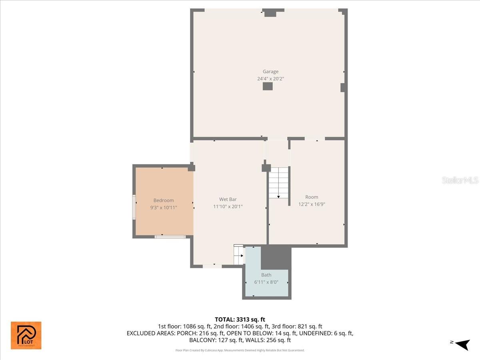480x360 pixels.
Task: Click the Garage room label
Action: pos(270,72)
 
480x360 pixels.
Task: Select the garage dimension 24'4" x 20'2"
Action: pos(270,79)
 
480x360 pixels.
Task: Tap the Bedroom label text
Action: pos(164,200)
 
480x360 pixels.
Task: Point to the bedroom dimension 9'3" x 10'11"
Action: pos(164,208)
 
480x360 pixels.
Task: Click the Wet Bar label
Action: pos(228,199)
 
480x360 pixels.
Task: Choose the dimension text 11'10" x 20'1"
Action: pos(228,206)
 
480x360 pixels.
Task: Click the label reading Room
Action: pos(312,197)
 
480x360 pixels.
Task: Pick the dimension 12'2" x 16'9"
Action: pos(312,204)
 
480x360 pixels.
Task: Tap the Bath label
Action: pos(266,275)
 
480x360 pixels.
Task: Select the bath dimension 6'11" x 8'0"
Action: pos(266,282)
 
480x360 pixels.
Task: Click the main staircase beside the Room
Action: pos(279,182)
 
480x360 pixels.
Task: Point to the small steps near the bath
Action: pos(238,254)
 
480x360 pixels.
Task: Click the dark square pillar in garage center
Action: pos(268,86)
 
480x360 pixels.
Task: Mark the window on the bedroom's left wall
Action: pos(134,207)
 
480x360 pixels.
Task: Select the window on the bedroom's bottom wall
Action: pos(170,237)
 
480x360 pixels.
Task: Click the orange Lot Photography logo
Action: pos(26,335)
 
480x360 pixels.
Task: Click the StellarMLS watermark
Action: pos(460,180)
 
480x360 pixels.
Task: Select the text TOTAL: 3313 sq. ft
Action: pos(240,319)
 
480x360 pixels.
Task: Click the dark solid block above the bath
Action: pos(276,258)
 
